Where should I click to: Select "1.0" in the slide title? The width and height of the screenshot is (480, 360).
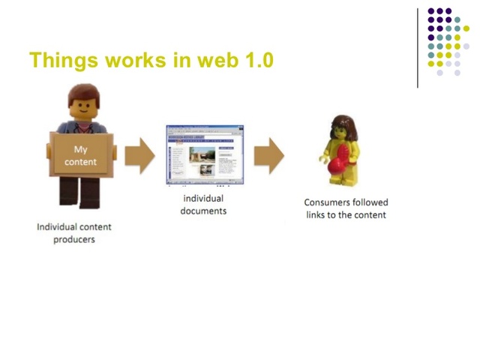[259, 60]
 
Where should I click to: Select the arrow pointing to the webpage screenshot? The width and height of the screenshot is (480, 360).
[139, 155]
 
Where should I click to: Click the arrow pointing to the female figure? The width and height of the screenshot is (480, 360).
[268, 155]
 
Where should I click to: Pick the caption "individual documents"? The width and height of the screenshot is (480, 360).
[203, 205]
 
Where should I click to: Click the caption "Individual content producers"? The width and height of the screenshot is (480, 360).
[74, 232]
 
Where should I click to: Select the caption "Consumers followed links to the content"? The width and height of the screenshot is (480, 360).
[346, 208]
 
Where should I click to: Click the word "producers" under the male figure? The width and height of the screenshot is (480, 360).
[74, 240]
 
